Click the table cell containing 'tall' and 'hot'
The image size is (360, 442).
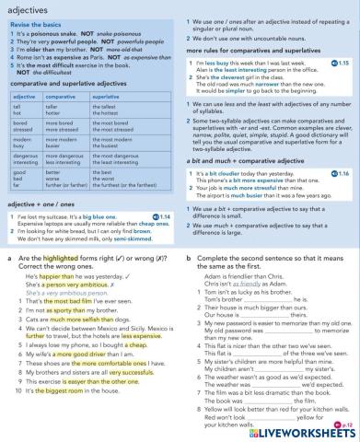click(x=20, y=135)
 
